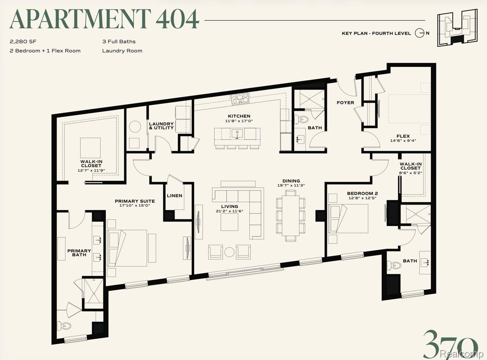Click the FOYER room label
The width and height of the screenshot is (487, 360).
(345, 103)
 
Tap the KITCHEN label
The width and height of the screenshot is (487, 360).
(239, 116)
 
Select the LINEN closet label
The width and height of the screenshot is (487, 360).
(175, 196)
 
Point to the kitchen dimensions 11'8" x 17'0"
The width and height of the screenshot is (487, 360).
(239, 121)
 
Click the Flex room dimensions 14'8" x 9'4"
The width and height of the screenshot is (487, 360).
(403, 140)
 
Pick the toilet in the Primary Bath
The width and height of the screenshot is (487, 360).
(64, 326)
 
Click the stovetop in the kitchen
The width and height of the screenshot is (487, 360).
(240, 98)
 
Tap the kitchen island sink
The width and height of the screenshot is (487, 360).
(237, 133)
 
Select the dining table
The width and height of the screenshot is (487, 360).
(291, 216)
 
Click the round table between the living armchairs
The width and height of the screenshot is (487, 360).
(229, 252)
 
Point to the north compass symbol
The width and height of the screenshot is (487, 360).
(419, 33)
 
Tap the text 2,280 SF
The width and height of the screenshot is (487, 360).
(23, 41)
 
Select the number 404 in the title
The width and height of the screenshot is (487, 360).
(177, 19)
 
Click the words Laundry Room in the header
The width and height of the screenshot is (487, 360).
(122, 51)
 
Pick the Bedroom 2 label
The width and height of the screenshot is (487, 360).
(363, 193)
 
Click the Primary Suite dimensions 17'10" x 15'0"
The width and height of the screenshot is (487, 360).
(135, 206)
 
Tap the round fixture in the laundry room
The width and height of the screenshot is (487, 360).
(135, 127)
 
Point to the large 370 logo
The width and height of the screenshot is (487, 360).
(450, 345)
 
